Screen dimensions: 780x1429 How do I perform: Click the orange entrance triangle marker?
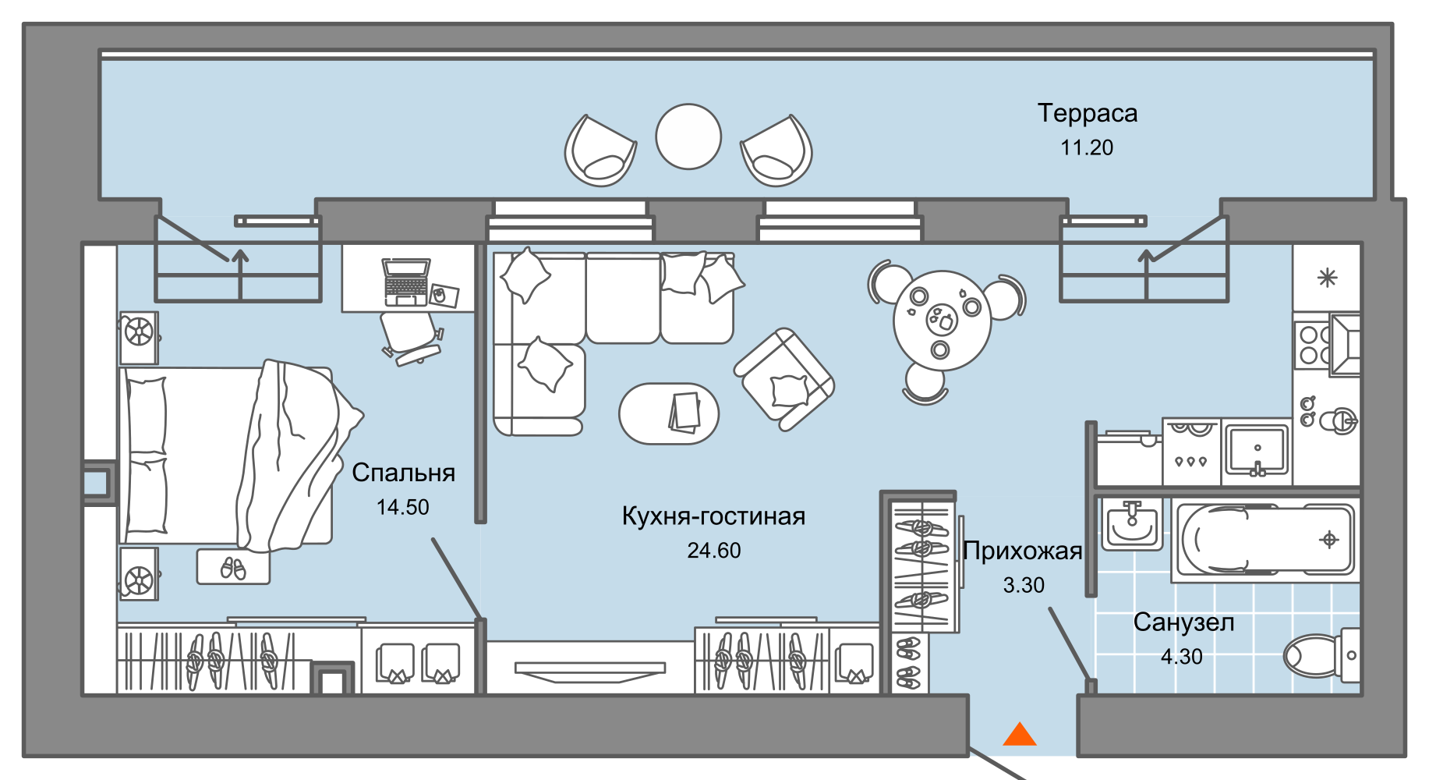click(1019, 735)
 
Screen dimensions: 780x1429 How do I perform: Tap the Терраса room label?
click(1087, 114)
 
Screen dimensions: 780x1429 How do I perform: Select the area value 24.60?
click(713, 551)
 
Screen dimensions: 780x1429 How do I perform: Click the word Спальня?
click(403, 473)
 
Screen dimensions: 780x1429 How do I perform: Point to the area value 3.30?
click(1023, 585)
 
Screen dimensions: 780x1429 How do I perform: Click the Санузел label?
click(1183, 622)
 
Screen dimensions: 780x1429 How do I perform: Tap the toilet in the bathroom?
click(1318, 655)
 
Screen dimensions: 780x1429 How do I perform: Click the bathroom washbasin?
click(1132, 524)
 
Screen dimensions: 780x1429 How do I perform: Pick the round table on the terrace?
click(688, 136)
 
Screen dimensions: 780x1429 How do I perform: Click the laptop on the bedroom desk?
click(405, 282)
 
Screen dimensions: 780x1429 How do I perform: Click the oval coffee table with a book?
click(669, 413)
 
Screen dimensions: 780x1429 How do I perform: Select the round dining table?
click(942, 321)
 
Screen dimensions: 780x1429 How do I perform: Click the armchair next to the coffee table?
click(784, 379)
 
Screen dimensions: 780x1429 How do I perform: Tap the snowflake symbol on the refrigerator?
click(1327, 278)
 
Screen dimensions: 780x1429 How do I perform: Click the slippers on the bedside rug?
click(233, 568)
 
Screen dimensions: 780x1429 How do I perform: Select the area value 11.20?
click(1087, 147)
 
